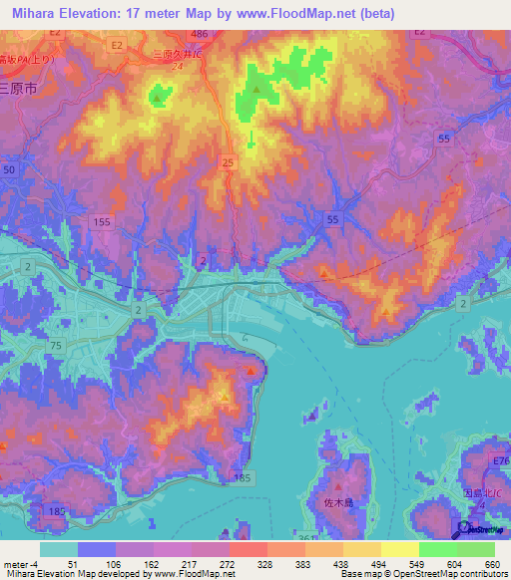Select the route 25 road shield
point(229,161)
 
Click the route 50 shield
point(10,171)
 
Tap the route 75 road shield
point(57,346)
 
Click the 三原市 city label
point(18,88)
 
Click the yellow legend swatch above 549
point(399,549)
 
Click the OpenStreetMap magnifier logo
point(464,529)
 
